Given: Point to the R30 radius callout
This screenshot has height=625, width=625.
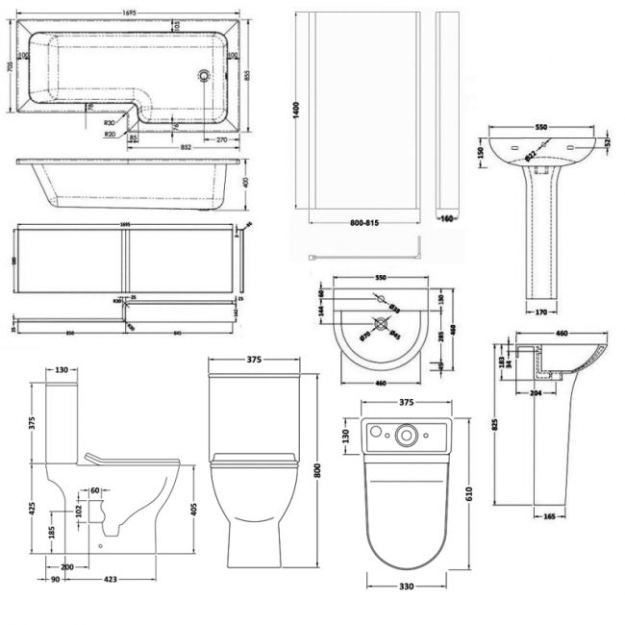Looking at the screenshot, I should [x=111, y=122].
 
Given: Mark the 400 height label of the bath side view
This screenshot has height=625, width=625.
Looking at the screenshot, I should [x=246, y=182].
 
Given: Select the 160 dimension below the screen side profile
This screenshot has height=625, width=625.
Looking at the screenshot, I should [x=446, y=218].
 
